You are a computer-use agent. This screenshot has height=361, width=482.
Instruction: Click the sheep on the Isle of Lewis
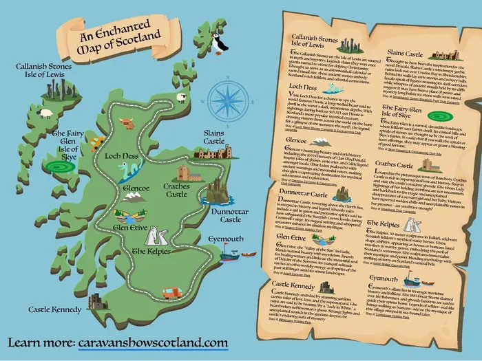point(182,98)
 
